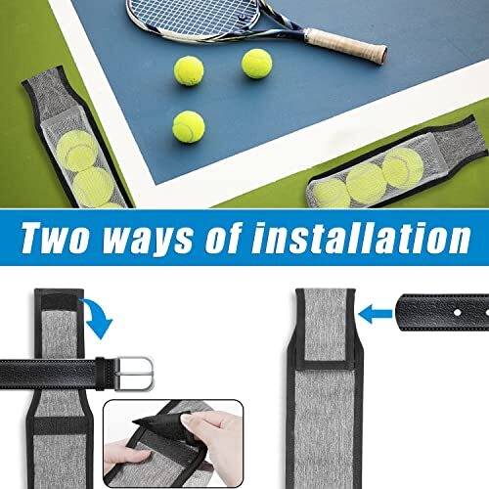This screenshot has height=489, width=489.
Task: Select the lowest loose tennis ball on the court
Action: tap(188, 125)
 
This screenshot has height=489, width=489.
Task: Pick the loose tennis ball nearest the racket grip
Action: tap(257, 65)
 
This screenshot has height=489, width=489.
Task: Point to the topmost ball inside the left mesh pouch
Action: tap(77, 151)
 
